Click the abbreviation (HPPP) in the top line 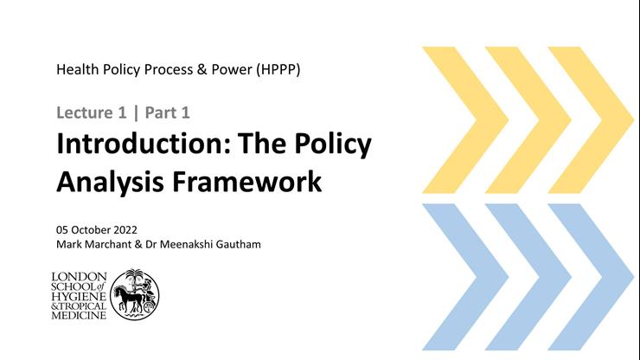(x=278, y=70)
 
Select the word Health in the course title (x=77, y=70)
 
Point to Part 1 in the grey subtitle (x=167, y=112)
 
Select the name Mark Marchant (x=93, y=245)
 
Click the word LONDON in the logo (x=80, y=276)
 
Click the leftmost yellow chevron (x=457, y=119)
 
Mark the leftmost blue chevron (x=457, y=276)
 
